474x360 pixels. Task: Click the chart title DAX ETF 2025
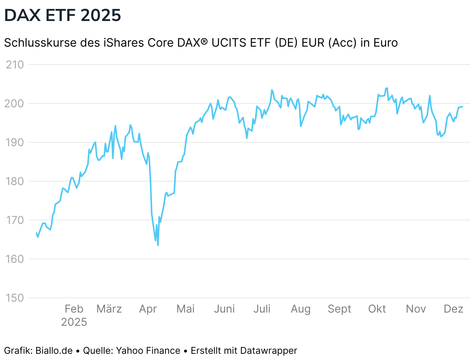point(63,16)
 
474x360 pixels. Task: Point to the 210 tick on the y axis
point(15,65)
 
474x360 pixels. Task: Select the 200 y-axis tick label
point(15,103)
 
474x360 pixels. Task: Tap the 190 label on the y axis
point(15,142)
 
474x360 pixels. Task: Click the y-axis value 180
point(15,181)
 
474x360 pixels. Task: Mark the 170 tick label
point(15,220)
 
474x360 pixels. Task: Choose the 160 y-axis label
point(15,259)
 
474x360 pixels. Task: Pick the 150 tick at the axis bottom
point(15,298)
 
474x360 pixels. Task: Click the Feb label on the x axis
point(74,309)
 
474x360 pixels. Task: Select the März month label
point(109,309)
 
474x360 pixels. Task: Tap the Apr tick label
point(148,309)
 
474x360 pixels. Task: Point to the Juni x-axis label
point(225,309)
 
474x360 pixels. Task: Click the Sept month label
point(340,309)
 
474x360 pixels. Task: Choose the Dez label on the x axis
point(453,309)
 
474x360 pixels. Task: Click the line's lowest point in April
point(158,245)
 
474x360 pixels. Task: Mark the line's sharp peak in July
point(272,90)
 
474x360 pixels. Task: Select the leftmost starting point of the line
point(37,233)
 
